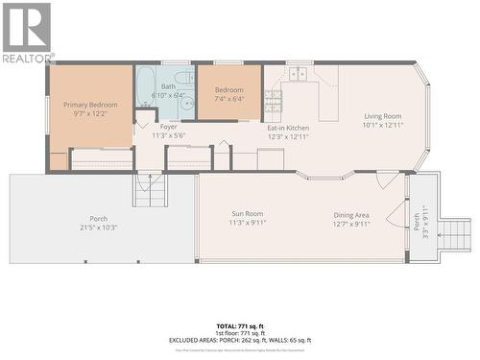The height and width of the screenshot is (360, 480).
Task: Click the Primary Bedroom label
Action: tap(89, 104)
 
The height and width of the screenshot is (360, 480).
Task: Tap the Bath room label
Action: tap(168, 86)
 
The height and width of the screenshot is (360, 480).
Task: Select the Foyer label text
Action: tap(168, 126)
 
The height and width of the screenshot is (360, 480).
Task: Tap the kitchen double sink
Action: tap(299, 73)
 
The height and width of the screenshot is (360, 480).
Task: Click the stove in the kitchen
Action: tap(273, 100)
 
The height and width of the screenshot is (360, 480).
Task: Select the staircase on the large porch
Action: tap(150, 191)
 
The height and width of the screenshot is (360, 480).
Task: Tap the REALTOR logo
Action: tap(26, 34)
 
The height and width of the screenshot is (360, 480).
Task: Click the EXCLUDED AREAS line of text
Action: tap(239, 340)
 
